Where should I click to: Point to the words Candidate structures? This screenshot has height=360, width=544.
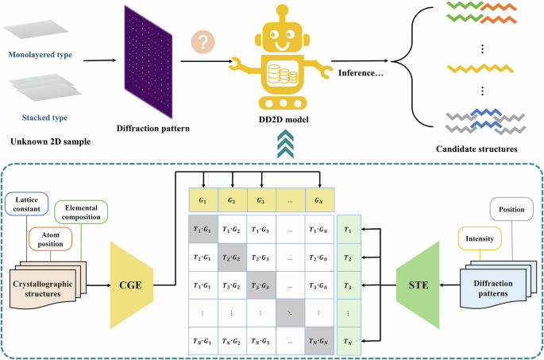[478, 149]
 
